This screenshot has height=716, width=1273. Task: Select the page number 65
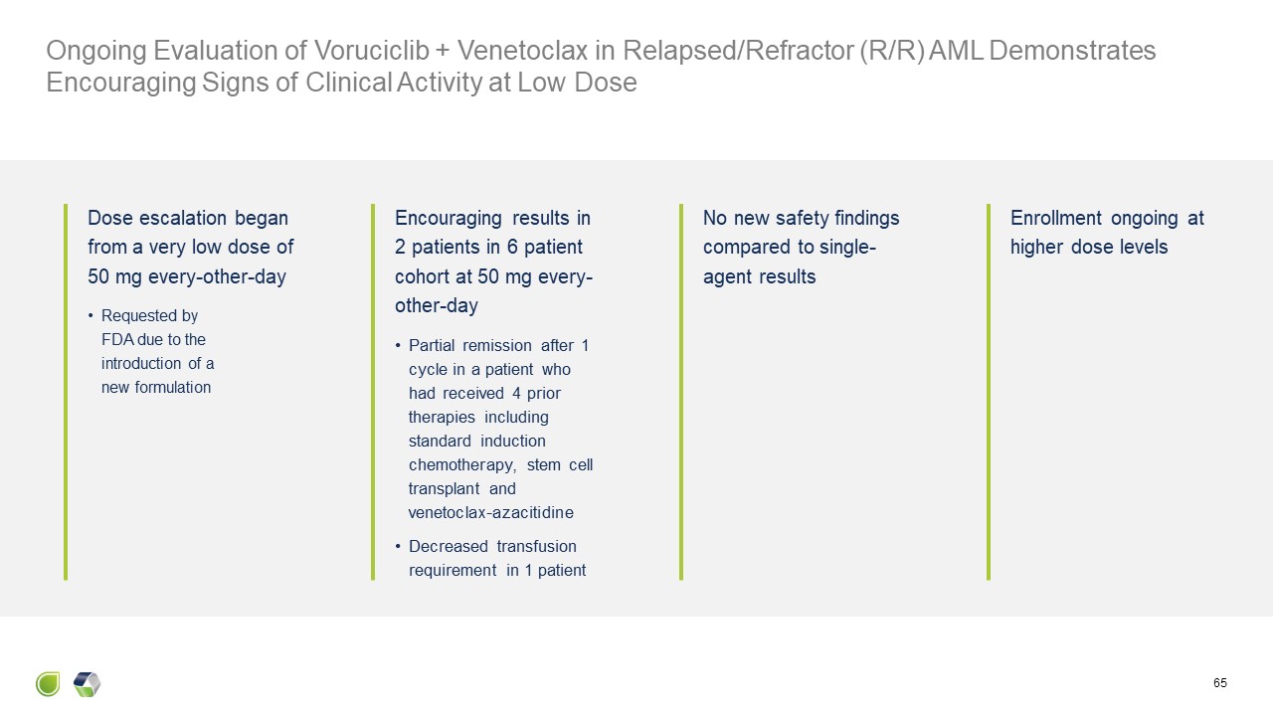point(1220,683)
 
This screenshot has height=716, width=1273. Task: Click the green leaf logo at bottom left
point(48,684)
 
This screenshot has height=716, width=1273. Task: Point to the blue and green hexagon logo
point(88,684)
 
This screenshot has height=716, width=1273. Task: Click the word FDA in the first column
point(117,339)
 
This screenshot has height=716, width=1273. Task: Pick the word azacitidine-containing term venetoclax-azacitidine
point(490,513)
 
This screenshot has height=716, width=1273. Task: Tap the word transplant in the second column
point(444,488)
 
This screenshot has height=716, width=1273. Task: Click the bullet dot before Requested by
point(91,316)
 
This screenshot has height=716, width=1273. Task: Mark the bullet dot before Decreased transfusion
point(399,546)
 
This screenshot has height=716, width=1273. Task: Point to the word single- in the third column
point(848,247)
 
